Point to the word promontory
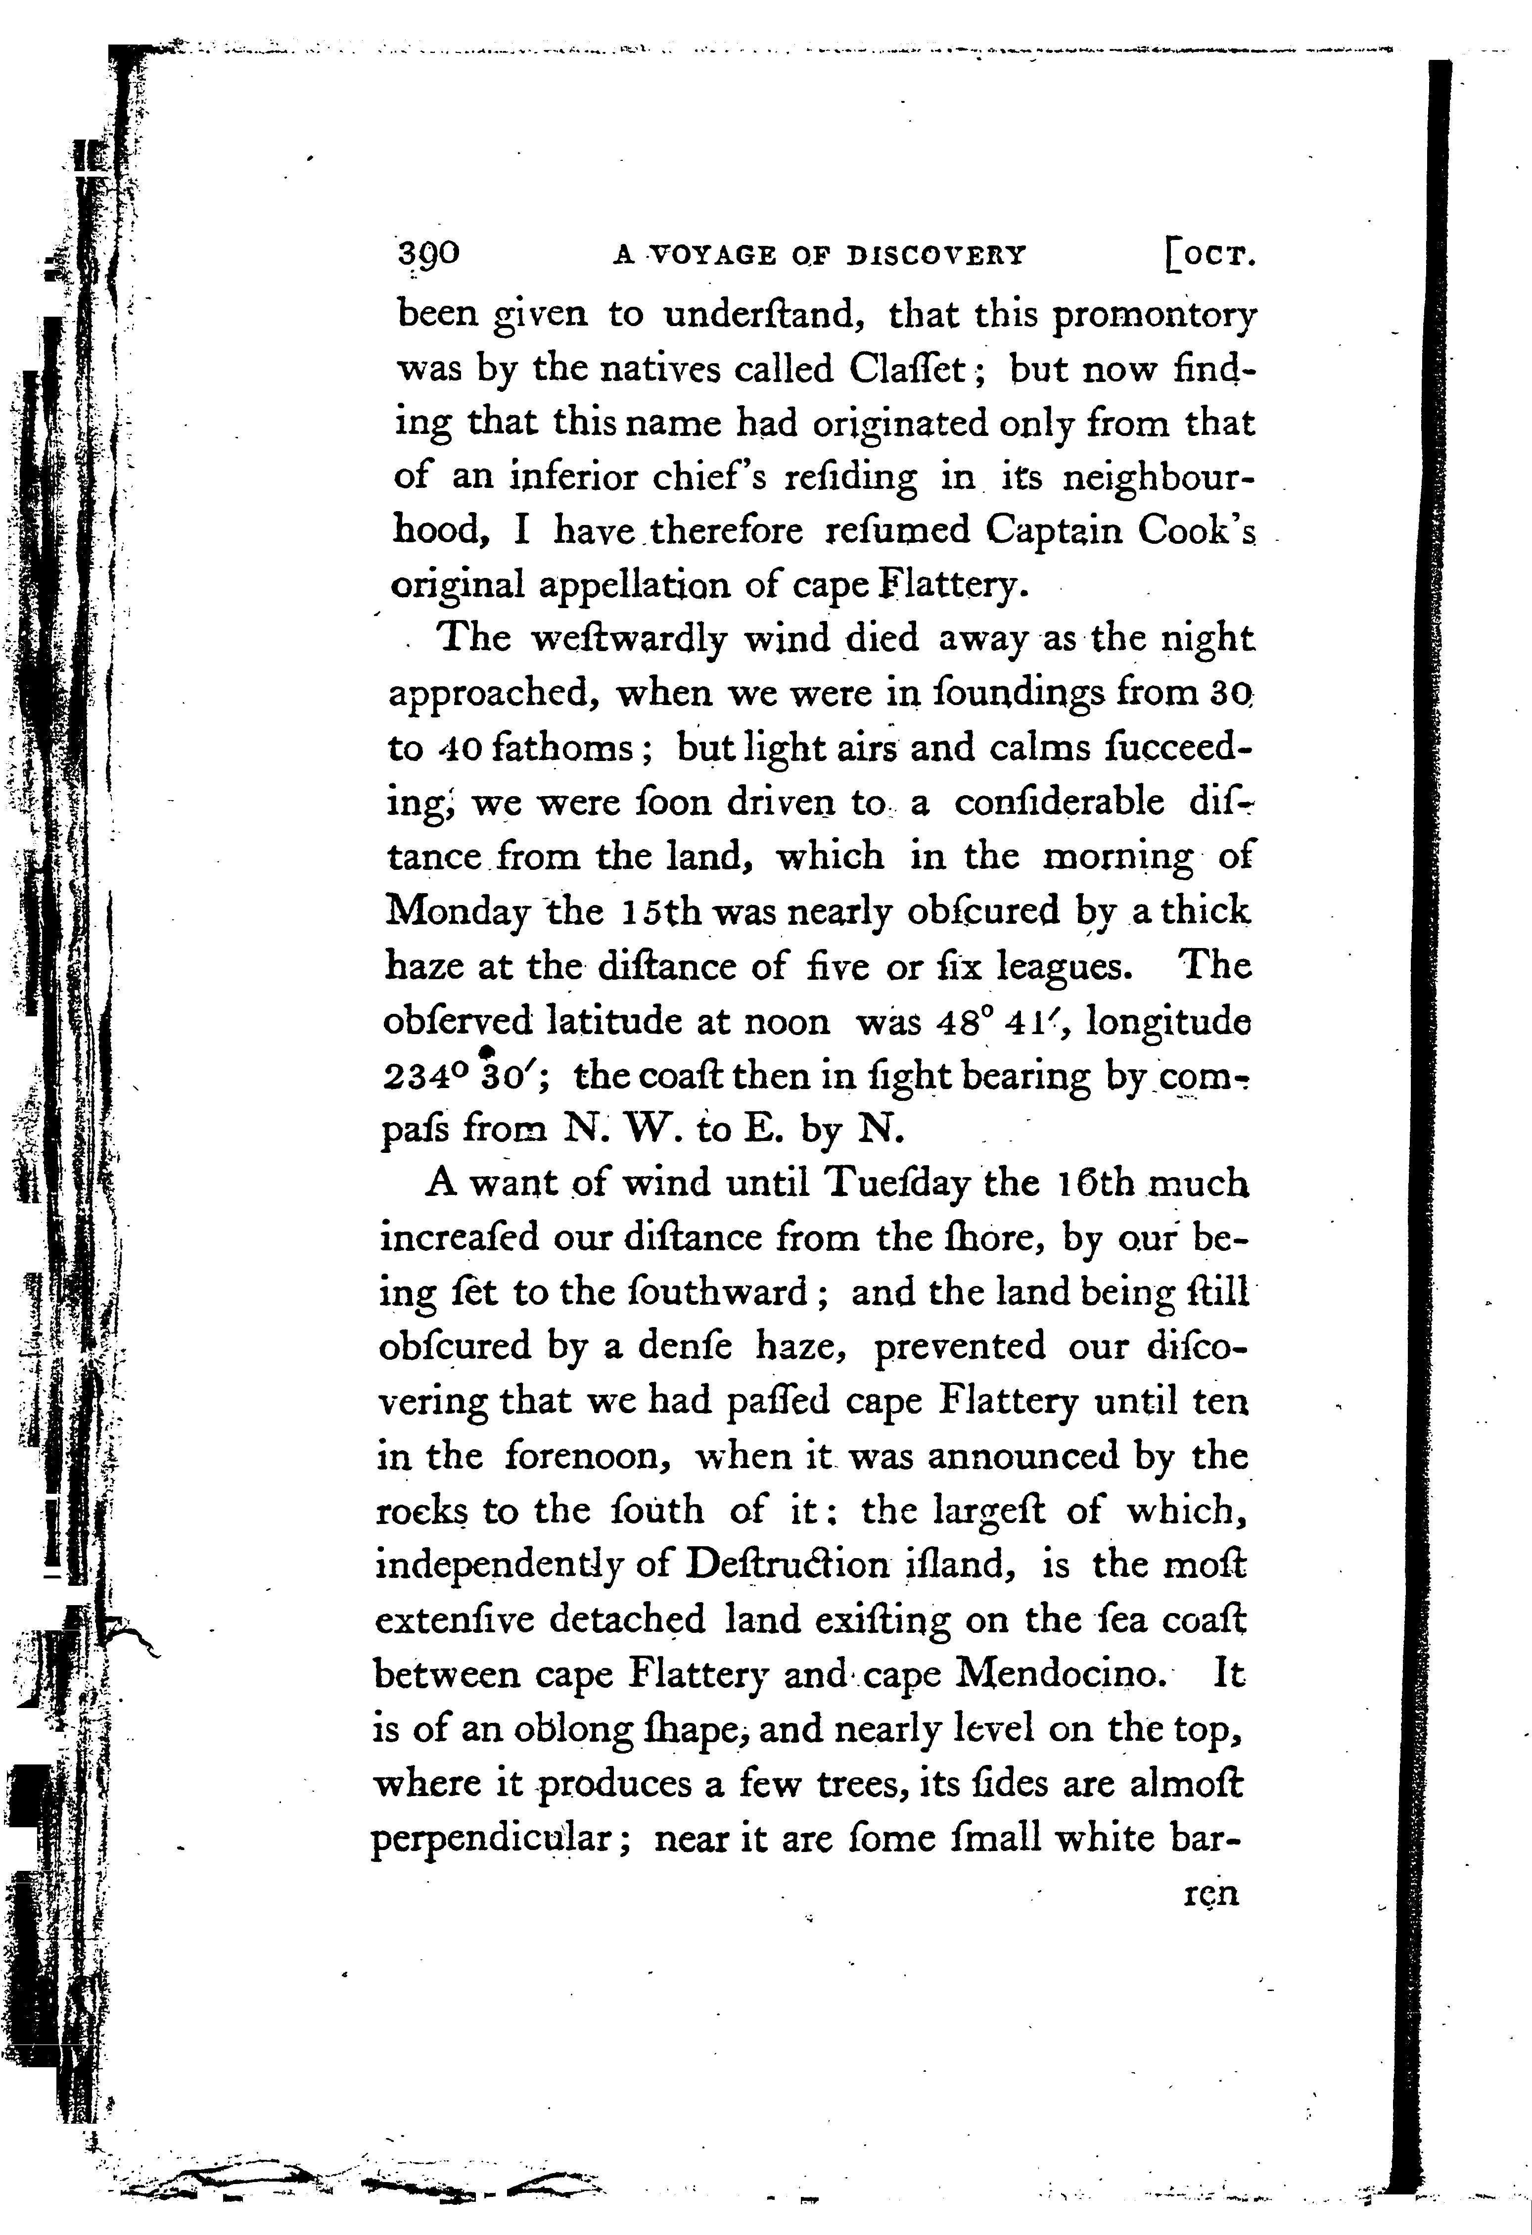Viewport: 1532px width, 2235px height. click(1154, 316)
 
